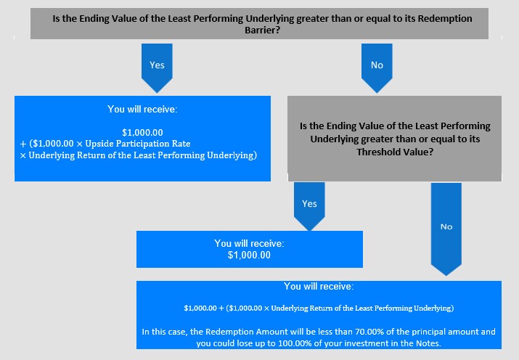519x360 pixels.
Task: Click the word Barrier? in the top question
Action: click(263, 30)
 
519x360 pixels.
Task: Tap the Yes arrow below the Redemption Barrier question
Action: click(157, 67)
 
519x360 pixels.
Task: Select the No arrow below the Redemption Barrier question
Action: click(377, 67)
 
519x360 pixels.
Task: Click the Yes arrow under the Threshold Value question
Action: click(309, 206)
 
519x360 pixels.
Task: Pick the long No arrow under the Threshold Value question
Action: click(446, 229)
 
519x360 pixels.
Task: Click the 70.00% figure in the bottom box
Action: click(369, 332)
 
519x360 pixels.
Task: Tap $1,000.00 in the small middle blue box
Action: click(249, 255)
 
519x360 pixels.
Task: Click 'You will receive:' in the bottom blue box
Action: click(319, 286)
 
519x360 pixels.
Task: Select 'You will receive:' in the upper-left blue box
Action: click(142, 109)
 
